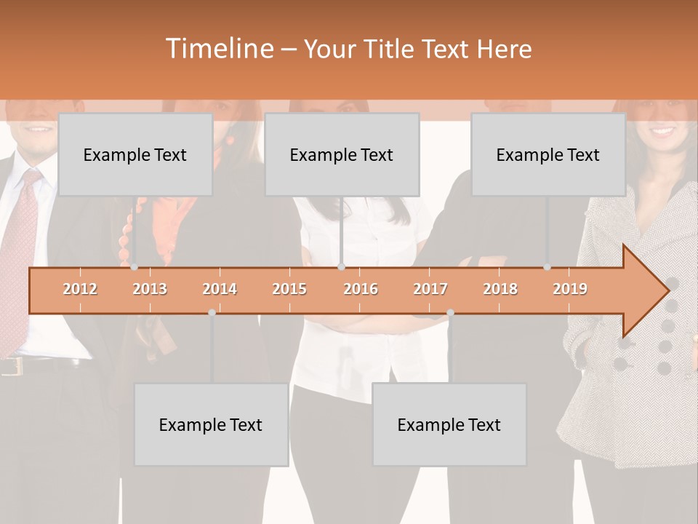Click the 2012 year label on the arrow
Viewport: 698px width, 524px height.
click(x=80, y=289)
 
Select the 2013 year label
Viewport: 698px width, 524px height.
click(x=150, y=289)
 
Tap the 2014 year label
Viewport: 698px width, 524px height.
click(x=220, y=289)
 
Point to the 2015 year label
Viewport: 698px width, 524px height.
click(x=289, y=289)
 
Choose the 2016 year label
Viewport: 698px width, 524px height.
click(x=361, y=289)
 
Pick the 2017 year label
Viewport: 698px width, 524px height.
click(x=430, y=289)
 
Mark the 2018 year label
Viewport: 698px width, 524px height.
click(x=500, y=289)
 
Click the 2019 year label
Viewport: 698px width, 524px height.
click(x=570, y=289)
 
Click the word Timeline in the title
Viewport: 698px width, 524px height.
click(x=218, y=49)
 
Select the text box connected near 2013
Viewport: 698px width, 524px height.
click(x=135, y=154)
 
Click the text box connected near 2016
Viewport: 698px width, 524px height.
click(x=342, y=154)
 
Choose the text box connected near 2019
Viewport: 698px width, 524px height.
click(x=548, y=154)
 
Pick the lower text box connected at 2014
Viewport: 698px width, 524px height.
click(x=211, y=424)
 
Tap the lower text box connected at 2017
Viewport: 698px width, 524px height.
click(x=449, y=424)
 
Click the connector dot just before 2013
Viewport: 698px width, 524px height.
click(x=134, y=267)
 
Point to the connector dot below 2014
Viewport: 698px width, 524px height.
click(x=212, y=312)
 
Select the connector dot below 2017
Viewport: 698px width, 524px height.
click(x=450, y=312)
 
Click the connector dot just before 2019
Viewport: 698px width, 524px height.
click(x=547, y=267)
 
